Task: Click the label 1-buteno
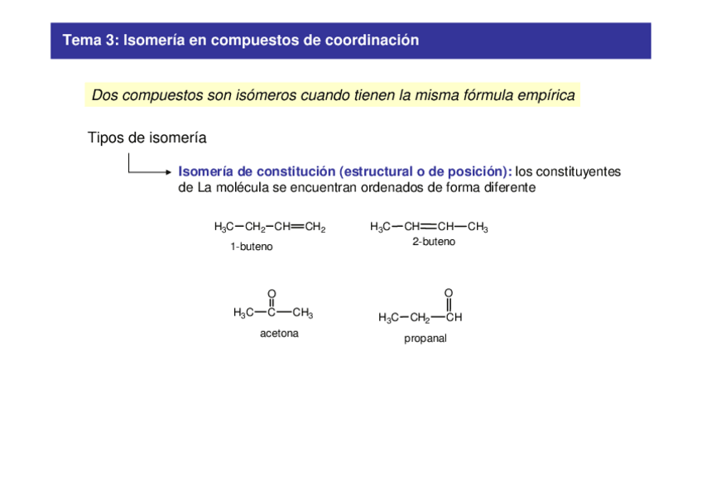click(x=252, y=247)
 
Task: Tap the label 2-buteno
click(x=434, y=242)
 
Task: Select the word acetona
click(x=279, y=334)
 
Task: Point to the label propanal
click(x=426, y=339)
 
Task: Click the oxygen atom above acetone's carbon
click(x=272, y=294)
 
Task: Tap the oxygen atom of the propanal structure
click(x=449, y=293)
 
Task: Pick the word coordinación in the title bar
click(x=377, y=40)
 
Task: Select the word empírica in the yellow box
click(x=544, y=95)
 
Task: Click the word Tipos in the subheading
click(x=105, y=137)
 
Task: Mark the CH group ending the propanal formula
click(x=454, y=317)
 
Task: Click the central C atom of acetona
click(x=272, y=313)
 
